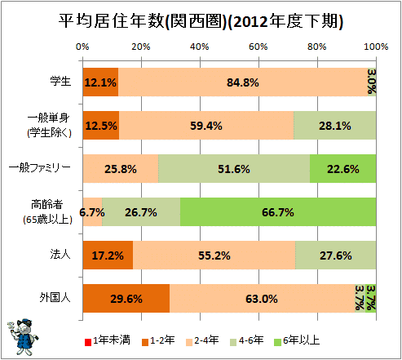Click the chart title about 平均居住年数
point(201,21)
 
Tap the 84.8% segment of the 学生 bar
point(243,82)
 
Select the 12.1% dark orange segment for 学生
point(100,82)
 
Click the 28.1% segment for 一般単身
point(335,126)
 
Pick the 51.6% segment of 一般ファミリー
point(234,169)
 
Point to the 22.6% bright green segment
point(343,169)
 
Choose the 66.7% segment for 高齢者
point(278,212)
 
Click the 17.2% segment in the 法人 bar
point(108,256)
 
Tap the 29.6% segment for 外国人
point(126,299)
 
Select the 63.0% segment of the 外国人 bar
point(262,299)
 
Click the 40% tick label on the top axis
point(200,47)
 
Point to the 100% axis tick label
point(376,47)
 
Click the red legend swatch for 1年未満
point(88,342)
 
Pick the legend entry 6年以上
point(297,340)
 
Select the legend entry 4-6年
point(247,340)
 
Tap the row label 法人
point(60,254)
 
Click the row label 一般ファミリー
point(40,167)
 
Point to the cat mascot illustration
point(22,336)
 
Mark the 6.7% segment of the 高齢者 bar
point(93,212)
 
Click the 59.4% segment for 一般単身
point(206,126)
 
